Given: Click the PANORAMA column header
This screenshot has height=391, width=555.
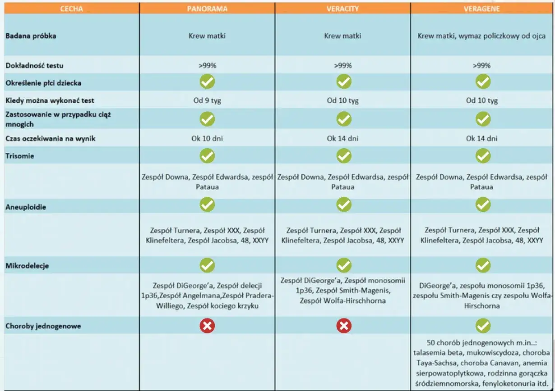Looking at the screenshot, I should tap(207, 9).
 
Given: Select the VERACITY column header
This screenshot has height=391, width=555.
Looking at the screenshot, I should tap(342, 9).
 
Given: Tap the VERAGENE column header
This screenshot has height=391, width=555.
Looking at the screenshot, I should tap(482, 9).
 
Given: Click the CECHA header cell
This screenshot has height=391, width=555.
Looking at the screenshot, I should tap(71, 9).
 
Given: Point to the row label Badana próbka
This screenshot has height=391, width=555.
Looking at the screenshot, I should tap(31, 36).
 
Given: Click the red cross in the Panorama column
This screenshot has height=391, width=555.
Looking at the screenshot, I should tap(207, 326).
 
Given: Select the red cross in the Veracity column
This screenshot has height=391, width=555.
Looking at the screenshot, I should tap(343, 326).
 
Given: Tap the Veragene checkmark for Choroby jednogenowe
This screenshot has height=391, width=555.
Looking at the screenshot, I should tap(483, 326).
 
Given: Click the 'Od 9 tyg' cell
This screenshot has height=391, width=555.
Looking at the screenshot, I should tap(207, 100).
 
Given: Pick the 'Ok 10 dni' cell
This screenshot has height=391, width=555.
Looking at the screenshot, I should tap(207, 138).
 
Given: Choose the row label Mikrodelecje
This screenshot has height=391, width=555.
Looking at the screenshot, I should tap(27, 266).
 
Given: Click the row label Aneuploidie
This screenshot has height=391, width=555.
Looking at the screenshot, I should tap(26, 207).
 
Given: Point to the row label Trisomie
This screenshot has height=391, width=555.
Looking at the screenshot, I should tap(20, 156).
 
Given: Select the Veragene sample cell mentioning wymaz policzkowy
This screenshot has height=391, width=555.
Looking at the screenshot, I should tap(482, 36).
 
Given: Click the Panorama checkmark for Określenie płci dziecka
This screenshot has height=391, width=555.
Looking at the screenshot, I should tap(207, 82).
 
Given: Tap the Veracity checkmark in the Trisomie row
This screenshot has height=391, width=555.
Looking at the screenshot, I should tap(343, 156).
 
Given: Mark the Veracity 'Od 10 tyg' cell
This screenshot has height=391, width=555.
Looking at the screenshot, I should tap(342, 100).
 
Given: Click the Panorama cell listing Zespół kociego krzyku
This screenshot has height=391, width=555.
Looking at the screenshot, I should tap(207, 296).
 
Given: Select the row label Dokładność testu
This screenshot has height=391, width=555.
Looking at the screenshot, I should tap(34, 65).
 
